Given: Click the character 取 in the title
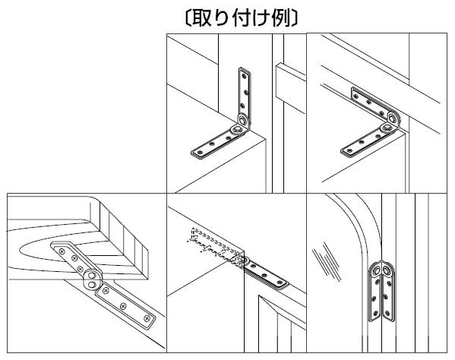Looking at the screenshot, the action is [x=202, y=18].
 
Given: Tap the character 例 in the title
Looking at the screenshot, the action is [x=281, y=18].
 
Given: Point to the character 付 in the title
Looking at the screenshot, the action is [x=242, y=18].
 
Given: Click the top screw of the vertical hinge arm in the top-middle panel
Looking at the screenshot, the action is [x=244, y=77].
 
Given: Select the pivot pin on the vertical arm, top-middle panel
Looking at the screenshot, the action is [x=243, y=119].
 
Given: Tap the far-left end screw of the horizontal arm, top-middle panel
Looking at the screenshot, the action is [x=199, y=152].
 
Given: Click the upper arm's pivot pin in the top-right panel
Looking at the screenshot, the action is [x=393, y=118].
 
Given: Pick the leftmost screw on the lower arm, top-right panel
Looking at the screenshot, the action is [x=349, y=150].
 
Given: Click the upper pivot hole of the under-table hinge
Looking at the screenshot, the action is [x=92, y=275].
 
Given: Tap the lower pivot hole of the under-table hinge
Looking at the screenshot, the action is [x=91, y=285].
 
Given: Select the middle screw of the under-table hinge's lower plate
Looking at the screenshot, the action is [x=123, y=305].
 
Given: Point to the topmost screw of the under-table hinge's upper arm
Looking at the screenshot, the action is [x=62, y=251].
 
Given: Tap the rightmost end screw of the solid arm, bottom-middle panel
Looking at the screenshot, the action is [x=280, y=282].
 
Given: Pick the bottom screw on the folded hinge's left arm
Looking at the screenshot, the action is [x=376, y=314].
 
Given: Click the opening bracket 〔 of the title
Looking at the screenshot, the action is [x=188, y=18].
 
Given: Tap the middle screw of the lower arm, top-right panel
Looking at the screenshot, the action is [x=362, y=142].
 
